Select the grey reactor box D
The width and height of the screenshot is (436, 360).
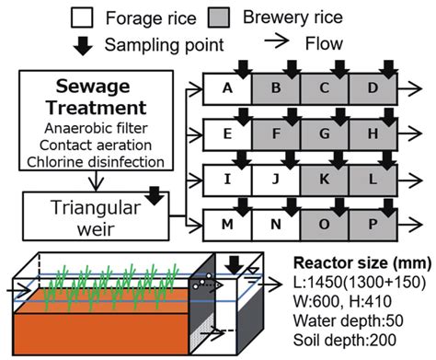[373, 90]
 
